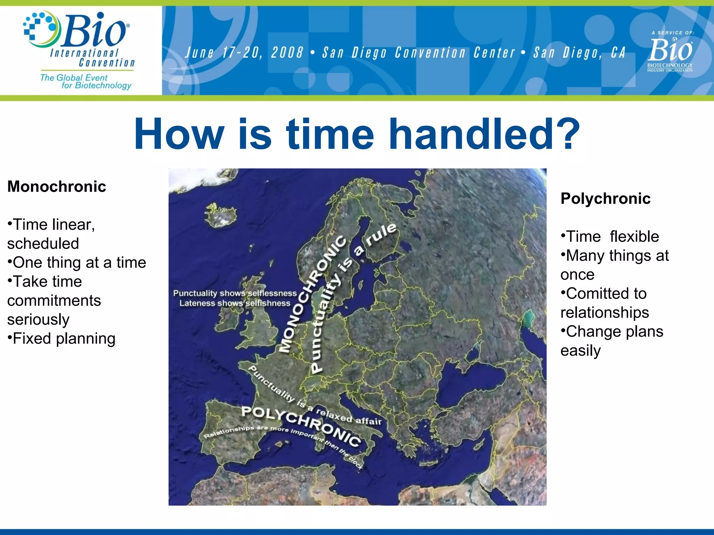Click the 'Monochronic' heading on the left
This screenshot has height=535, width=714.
[x=56, y=186]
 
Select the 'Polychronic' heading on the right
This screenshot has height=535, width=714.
[x=605, y=199]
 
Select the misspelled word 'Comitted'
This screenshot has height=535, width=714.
[x=606, y=293]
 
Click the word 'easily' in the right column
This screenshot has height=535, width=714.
[x=580, y=350]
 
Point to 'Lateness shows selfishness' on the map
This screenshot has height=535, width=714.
[x=235, y=303]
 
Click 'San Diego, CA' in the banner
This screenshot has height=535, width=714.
[x=579, y=53]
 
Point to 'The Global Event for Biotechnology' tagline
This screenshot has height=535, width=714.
[x=86, y=82]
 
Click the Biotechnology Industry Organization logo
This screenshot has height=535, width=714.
[x=670, y=54]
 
